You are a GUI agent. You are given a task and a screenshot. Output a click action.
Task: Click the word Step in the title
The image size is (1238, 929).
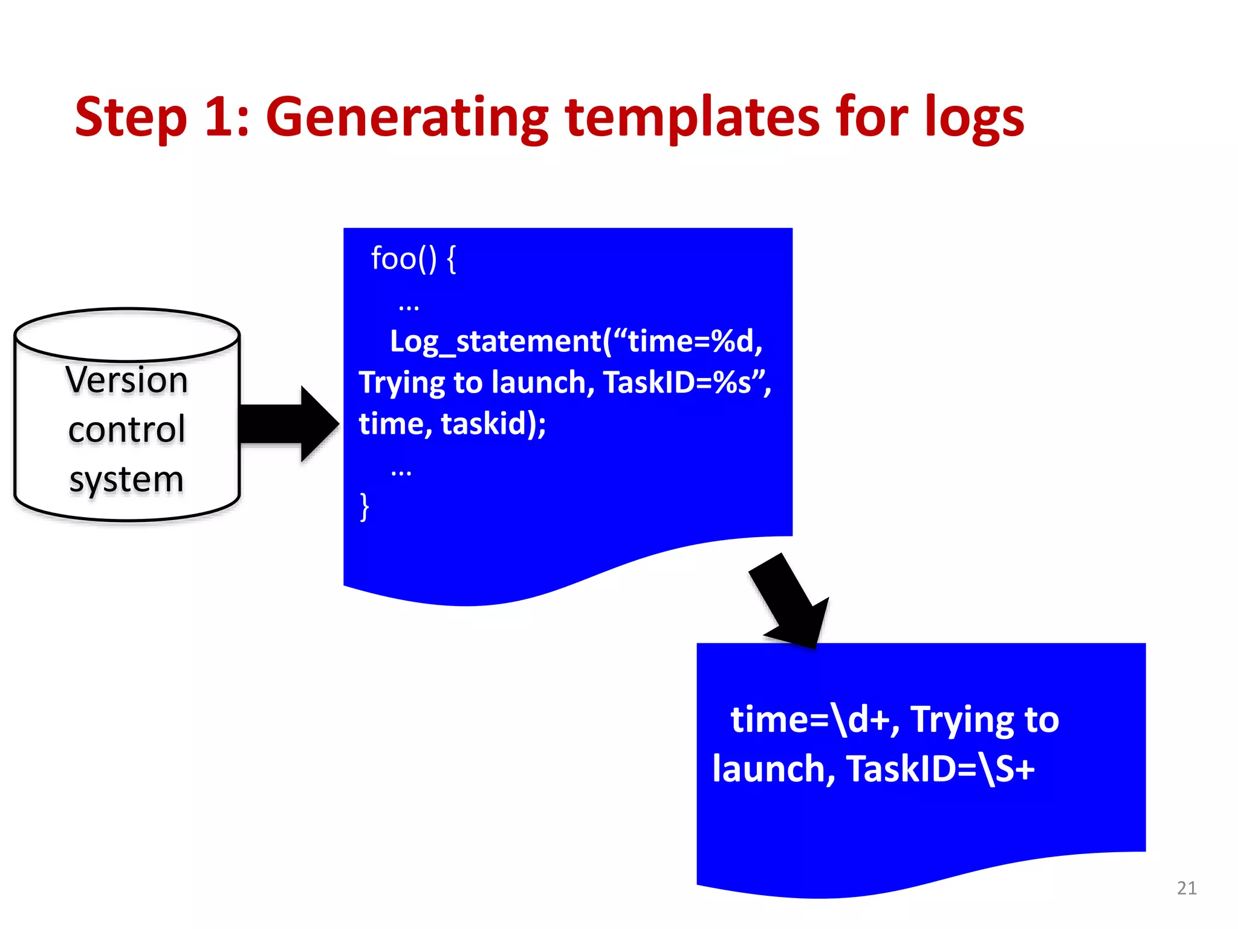point(131,117)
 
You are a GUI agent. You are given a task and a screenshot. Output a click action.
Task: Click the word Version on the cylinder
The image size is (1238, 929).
point(127,380)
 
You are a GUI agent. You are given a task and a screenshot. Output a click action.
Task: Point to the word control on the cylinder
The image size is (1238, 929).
point(127,430)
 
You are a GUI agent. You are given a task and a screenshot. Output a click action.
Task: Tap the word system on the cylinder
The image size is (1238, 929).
point(126,480)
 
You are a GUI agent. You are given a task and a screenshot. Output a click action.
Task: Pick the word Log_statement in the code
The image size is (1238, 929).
point(496,342)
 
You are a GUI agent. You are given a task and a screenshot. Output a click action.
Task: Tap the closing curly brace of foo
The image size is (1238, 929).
point(364,507)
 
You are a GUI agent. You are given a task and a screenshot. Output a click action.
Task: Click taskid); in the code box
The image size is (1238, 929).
point(493,424)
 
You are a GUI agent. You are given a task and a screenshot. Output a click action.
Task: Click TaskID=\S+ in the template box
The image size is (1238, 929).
point(941,769)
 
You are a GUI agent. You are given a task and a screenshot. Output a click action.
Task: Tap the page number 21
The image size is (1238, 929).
point(1187,888)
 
